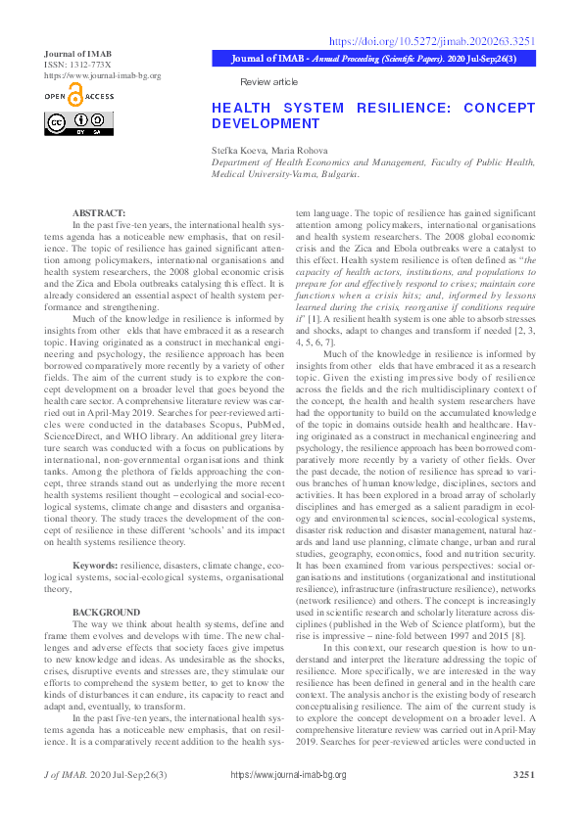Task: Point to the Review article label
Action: pos(268,82)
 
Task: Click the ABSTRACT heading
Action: pos(99,212)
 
